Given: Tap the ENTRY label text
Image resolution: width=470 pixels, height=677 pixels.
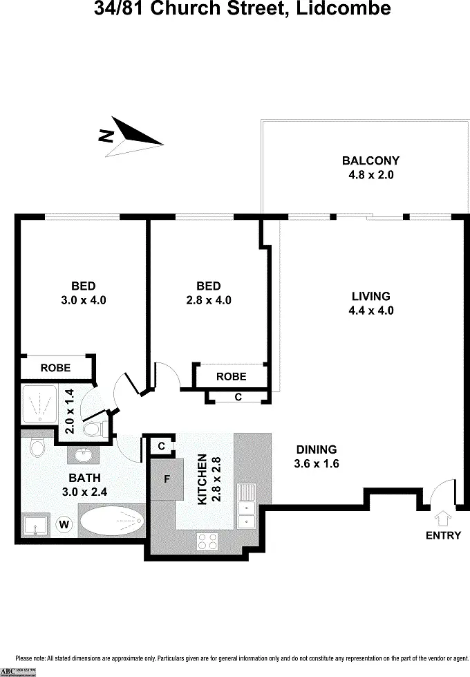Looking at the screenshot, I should pos(443,535).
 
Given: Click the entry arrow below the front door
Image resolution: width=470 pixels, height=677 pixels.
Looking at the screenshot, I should pos(443,517).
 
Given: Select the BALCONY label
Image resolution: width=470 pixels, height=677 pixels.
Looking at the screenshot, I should pos(370,161).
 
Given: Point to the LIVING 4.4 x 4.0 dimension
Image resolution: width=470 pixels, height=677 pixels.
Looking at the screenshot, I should pos(370,310).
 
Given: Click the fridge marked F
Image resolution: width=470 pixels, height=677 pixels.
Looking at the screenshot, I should pos(167,479).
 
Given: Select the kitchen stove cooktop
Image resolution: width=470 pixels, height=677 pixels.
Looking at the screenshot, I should pos(207,540).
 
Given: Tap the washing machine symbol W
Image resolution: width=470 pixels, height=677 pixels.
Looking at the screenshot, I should pos(64,524).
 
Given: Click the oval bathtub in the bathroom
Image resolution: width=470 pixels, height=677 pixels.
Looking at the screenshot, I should pos(111,519).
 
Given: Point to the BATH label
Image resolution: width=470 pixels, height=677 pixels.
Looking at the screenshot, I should pos(84,477).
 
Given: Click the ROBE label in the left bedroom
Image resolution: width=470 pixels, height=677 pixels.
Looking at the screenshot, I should pos(55,368).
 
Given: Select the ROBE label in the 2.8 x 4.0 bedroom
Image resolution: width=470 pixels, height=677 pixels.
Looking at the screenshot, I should pos(231,376).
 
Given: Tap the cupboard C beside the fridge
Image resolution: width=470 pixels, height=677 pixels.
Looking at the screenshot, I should pos(161,446).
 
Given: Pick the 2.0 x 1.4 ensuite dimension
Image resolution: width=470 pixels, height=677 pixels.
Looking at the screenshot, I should pos(69,411).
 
